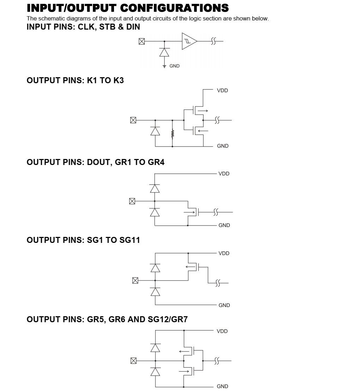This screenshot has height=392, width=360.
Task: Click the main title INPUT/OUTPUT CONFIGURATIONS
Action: click(x=127, y=8)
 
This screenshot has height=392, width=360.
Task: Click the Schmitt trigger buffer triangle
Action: click(x=189, y=41)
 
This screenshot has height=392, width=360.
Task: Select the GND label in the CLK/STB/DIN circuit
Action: click(x=174, y=66)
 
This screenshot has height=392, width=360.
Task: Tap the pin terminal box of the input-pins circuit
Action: click(x=142, y=42)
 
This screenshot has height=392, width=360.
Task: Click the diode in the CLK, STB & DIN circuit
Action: click(x=164, y=52)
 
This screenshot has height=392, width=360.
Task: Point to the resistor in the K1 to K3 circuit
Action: click(x=173, y=134)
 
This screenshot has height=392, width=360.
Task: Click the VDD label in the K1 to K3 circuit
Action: click(x=222, y=91)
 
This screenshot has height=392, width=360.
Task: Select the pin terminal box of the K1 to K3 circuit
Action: click(x=133, y=120)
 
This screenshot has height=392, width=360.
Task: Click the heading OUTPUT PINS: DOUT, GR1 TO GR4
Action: click(x=95, y=162)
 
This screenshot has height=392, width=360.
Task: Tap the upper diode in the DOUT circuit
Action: click(x=155, y=189)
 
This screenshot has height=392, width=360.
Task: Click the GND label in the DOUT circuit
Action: click(x=224, y=225)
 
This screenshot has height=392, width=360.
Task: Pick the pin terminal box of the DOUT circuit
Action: click(x=132, y=201)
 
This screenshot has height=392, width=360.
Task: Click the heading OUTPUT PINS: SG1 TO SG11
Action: click(x=83, y=240)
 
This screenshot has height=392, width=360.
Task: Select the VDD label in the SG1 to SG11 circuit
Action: click(x=224, y=253)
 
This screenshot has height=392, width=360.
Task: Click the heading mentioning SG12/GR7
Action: click(x=107, y=319)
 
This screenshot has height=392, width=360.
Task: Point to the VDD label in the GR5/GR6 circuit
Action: click(x=222, y=331)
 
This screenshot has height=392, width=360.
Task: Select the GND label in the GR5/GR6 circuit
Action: click(x=222, y=386)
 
